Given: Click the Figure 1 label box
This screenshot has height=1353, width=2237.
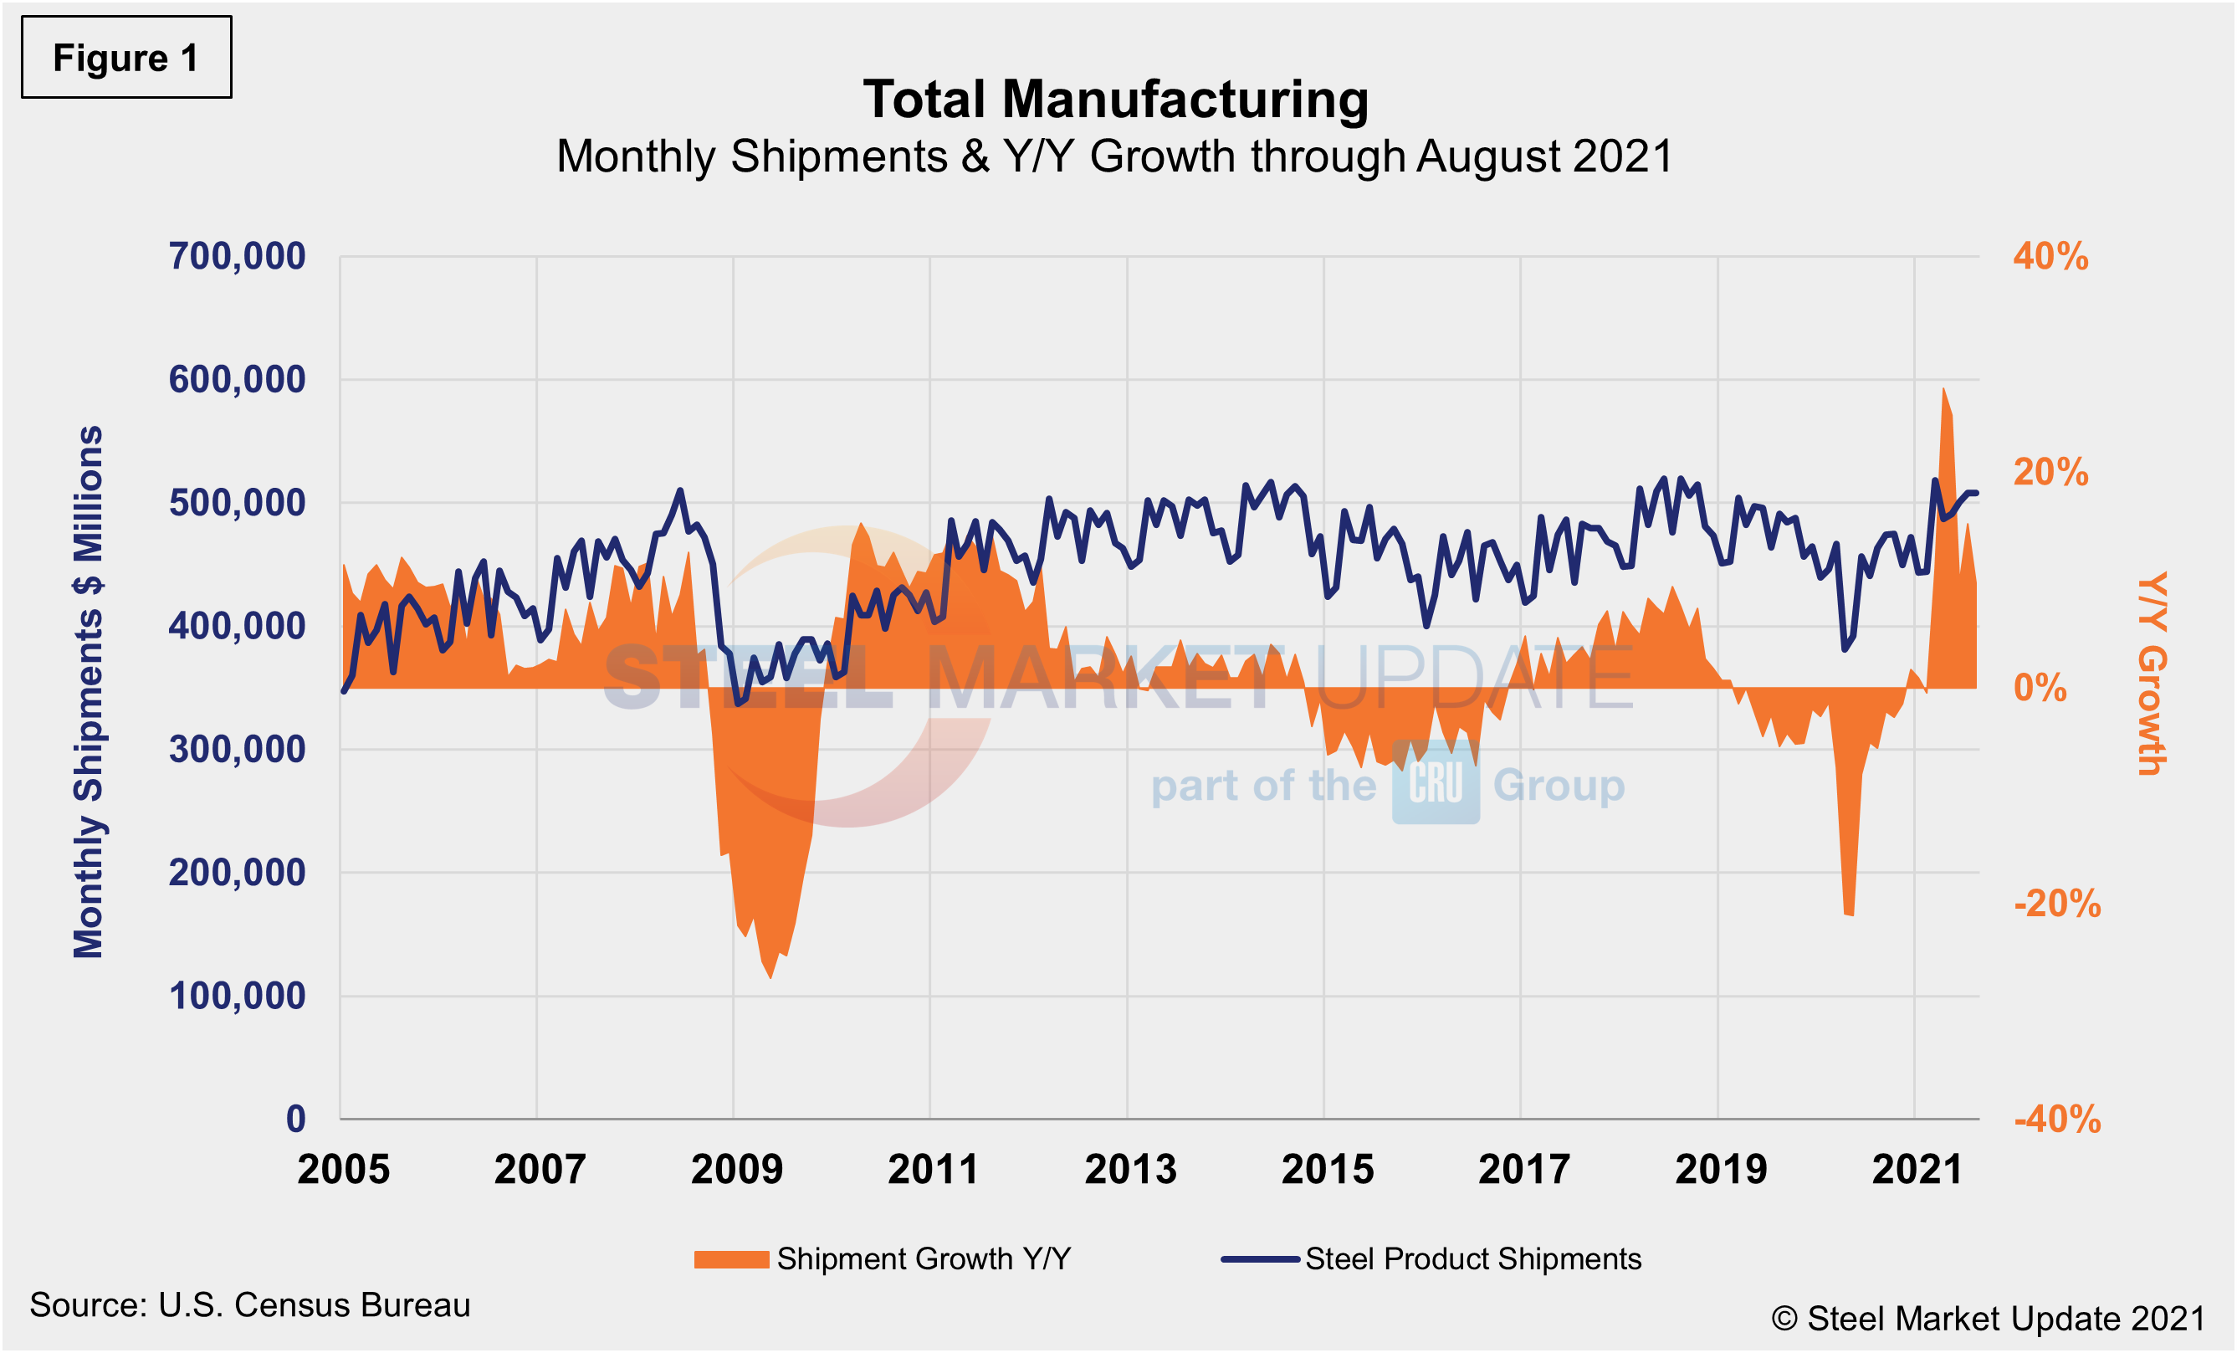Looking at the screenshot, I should [126, 57].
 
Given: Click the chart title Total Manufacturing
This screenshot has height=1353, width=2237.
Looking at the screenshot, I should [1115, 99].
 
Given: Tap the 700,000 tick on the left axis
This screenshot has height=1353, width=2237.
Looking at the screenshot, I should [237, 257].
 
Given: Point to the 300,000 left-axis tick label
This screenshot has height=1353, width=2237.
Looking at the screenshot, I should [237, 750].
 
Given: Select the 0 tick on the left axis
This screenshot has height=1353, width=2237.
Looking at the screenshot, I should [296, 1119].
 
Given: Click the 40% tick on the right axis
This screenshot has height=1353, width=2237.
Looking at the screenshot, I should [2050, 257].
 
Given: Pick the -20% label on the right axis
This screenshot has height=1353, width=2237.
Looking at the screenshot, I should [2056, 904].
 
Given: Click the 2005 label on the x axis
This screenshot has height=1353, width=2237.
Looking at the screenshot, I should [343, 1170].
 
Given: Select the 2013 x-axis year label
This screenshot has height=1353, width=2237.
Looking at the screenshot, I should [1130, 1170].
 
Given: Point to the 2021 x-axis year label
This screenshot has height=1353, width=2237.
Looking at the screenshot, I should [1917, 1170].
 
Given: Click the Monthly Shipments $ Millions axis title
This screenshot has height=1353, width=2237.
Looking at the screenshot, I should [89, 692].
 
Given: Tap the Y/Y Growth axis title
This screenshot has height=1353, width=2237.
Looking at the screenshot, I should [2151, 674].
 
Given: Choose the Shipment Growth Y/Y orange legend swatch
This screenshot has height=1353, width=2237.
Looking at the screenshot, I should [731, 1259].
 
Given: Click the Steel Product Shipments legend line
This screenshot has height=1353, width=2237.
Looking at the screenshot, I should [1260, 1259].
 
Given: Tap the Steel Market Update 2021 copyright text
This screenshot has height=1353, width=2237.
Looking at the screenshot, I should [1988, 1319].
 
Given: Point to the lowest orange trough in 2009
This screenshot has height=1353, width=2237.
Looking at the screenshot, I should [770, 976].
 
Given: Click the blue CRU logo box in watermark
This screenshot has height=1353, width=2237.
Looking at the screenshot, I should [1436, 782].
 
